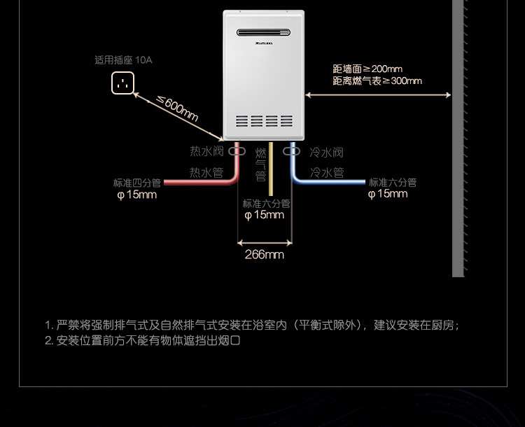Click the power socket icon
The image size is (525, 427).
[122, 83]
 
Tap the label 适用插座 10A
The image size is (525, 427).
[123, 60]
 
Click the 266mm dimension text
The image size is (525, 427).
[264, 255]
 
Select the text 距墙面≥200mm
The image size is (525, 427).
[367, 69]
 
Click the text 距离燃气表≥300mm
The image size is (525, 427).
[377, 81]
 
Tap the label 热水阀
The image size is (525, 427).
[206, 151]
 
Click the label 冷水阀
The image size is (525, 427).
[326, 152]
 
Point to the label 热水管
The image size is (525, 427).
[206, 172]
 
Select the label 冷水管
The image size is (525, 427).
[327, 172]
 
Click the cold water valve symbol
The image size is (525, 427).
[291, 150]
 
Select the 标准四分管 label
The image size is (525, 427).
[137, 183]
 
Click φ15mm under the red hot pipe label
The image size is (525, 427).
[137, 195]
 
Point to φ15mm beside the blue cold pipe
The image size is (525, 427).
[388, 194]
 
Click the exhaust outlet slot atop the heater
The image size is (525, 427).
[263, 32]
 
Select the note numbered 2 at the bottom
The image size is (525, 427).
[143, 341]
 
